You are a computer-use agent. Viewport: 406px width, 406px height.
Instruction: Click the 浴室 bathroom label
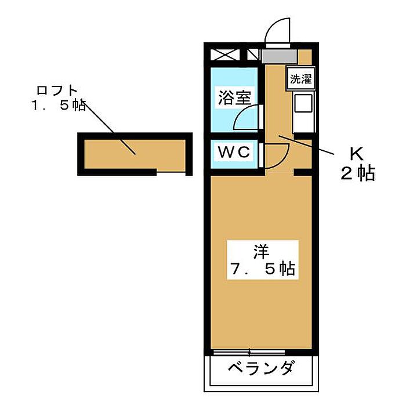tap(234, 98)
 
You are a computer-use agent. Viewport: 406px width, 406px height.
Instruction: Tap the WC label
tap(234, 152)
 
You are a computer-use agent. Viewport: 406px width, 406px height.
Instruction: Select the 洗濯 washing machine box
tap(300, 79)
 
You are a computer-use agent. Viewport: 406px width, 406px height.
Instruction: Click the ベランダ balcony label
tap(262, 368)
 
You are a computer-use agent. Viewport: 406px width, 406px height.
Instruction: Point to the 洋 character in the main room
tap(261, 251)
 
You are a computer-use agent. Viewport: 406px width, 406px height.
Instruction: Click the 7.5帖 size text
tap(263, 270)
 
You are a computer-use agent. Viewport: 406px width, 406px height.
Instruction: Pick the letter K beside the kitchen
tap(357, 155)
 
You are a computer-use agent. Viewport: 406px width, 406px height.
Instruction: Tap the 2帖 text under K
tap(358, 173)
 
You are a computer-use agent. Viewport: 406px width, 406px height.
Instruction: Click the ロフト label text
tap(57, 90)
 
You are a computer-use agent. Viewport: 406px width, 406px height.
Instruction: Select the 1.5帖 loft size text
tap(59, 106)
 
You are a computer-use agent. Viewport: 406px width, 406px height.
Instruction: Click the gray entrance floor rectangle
tap(279, 56)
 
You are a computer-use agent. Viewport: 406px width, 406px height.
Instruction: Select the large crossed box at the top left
tap(223, 55)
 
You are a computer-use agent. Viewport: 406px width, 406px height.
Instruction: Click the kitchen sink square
tap(303, 103)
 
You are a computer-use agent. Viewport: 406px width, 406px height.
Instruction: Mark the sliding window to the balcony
tap(249, 352)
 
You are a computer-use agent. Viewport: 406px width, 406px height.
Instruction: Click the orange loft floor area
tap(135, 155)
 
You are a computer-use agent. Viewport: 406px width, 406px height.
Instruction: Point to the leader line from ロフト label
tap(110, 128)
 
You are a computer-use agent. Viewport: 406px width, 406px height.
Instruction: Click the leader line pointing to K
tap(306, 145)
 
